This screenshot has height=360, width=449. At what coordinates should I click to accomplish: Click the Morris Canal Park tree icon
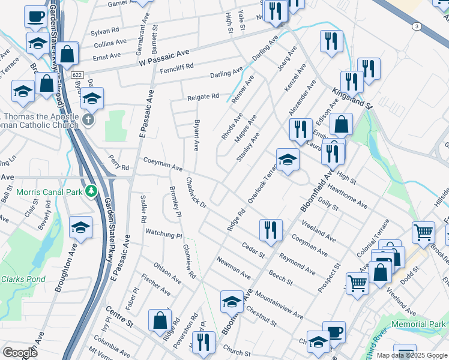(91, 191)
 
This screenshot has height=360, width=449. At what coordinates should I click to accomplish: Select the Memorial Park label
(418, 324)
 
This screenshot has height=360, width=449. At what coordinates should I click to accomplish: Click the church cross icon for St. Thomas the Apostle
(88, 120)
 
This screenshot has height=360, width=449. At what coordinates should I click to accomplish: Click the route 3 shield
(415, 26)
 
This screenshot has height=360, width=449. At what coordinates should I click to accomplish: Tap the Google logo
(20, 353)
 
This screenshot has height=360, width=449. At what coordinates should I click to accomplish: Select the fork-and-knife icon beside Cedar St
(271, 229)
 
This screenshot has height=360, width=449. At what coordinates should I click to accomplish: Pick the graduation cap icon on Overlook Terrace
(288, 160)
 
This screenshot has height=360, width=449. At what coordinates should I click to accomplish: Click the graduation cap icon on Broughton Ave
(80, 227)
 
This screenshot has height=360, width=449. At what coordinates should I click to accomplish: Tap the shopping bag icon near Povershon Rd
(160, 320)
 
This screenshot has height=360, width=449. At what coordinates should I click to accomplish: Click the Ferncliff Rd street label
(177, 68)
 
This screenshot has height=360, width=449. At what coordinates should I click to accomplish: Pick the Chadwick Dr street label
(196, 193)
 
